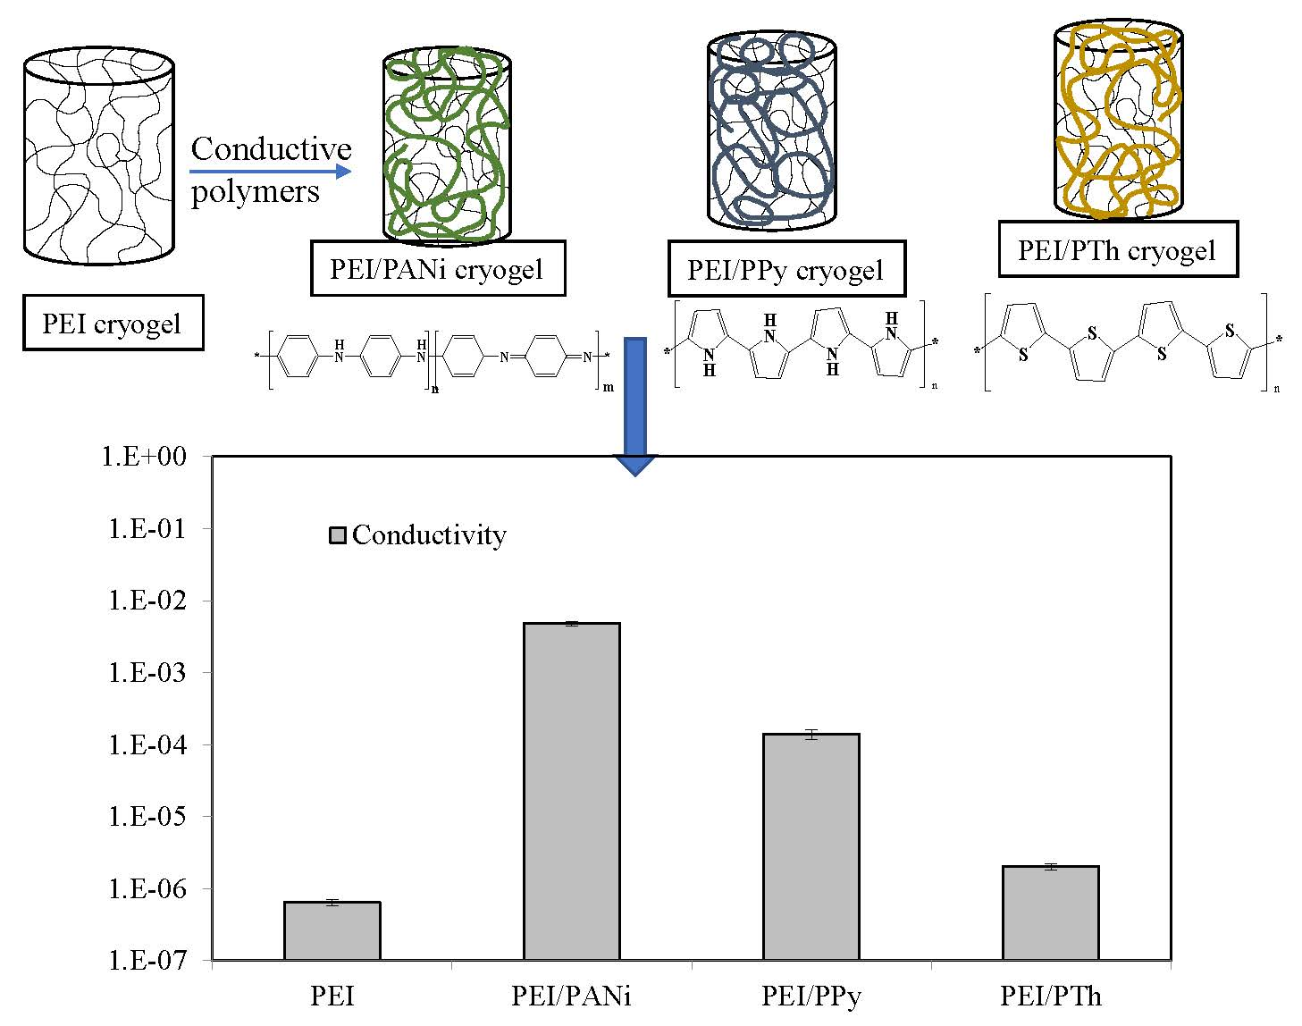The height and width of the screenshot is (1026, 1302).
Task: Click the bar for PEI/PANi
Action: click(571, 791)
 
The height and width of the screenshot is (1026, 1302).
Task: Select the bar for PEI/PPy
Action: click(811, 846)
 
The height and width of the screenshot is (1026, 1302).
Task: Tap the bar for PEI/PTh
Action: click(1050, 912)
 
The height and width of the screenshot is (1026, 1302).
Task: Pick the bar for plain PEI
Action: click(332, 930)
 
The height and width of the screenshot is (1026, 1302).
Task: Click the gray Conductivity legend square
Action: click(338, 535)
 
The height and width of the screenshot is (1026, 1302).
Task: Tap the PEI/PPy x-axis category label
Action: click(811, 996)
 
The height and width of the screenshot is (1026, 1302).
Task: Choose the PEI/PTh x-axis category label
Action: click(1050, 996)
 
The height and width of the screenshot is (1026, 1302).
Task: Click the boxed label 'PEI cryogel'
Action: click(113, 323)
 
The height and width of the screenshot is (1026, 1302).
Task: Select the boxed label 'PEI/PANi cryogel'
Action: click(437, 268)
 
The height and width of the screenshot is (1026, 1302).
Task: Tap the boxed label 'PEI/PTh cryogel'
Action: click(1117, 249)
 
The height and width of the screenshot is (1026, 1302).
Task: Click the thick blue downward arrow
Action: click(634, 402)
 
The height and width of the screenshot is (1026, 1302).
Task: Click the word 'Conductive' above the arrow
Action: click(271, 148)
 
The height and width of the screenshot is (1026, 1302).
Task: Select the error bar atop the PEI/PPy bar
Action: click(811, 735)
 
